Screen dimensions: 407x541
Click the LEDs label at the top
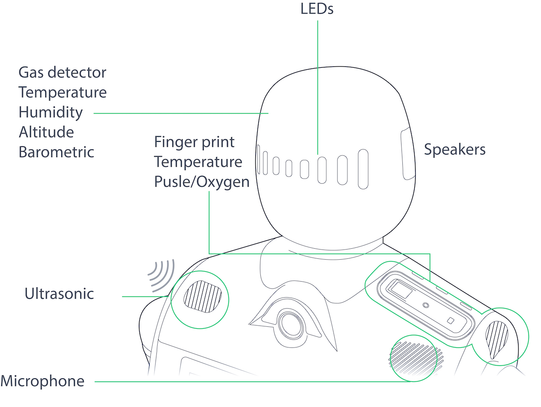(x=317, y=9)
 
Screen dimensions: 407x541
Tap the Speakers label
(x=454, y=149)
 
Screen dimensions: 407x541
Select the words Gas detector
(x=62, y=73)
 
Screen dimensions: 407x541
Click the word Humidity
(x=51, y=112)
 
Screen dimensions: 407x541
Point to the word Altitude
(x=46, y=132)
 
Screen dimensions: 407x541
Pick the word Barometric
(x=56, y=152)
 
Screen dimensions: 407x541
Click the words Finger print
(x=194, y=142)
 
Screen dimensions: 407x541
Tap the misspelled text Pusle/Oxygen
(x=202, y=182)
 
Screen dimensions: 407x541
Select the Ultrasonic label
(x=59, y=294)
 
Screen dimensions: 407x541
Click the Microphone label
(x=42, y=381)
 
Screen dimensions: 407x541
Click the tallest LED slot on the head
(x=363, y=169)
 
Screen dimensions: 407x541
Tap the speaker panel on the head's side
(x=407, y=154)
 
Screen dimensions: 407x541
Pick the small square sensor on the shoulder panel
(x=451, y=320)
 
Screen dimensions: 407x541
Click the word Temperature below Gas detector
(x=63, y=92)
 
